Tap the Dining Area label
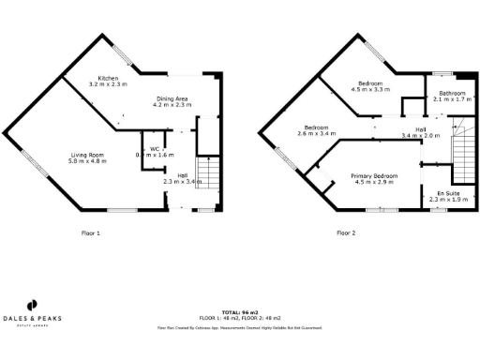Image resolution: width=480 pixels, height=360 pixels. [x=172, y=98]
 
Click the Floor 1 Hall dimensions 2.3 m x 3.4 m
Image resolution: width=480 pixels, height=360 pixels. [x=175, y=182]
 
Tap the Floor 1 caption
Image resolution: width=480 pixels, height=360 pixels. [x=91, y=232]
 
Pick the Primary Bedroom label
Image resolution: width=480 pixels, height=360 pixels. [x=372, y=174]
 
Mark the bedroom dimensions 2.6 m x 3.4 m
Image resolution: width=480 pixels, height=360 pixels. [x=315, y=134]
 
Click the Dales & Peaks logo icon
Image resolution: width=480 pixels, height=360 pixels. [x=31, y=305]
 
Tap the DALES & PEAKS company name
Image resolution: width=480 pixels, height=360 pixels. [x=31, y=319]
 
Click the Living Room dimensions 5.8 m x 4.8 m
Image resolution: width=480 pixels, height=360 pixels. [x=87, y=161]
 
